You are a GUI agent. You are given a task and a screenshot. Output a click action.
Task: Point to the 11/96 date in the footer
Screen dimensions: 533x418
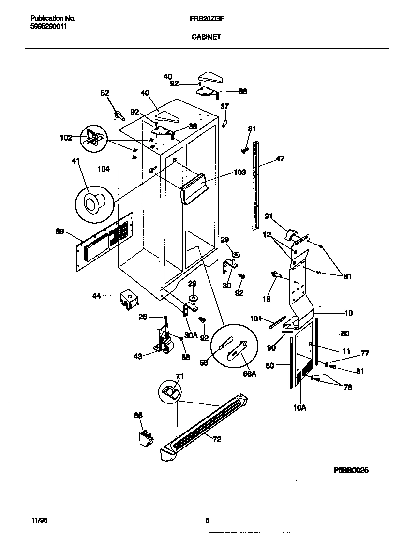pyautogui.click(x=38, y=520)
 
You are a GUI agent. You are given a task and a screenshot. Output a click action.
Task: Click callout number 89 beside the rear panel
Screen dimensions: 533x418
pyautogui.click(x=60, y=232)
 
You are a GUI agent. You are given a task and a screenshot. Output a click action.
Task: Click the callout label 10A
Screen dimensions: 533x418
pyautogui.click(x=299, y=408)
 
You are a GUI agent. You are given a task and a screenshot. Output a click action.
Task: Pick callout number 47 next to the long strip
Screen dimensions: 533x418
pyautogui.click(x=280, y=158)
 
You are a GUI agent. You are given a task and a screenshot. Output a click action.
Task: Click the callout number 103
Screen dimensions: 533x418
pyautogui.click(x=239, y=172)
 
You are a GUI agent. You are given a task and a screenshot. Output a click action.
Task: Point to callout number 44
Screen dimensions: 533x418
pyautogui.click(x=97, y=296)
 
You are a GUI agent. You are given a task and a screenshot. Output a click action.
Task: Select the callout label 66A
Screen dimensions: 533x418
pyautogui.click(x=249, y=374)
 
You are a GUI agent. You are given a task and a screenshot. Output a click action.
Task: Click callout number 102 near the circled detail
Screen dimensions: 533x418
pyautogui.click(x=66, y=137)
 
